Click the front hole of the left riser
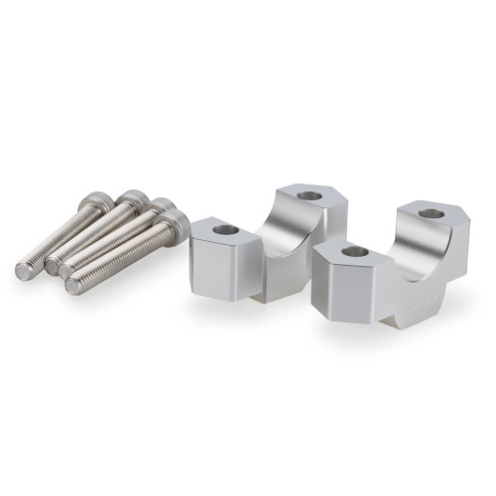coord(225,229)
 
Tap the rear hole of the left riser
coord(309,194)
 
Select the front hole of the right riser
coord(354,252)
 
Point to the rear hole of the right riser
coord(431,213)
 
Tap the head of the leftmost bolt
coord(97,202)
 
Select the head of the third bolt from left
coord(162,210)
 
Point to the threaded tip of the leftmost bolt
coord(25,269)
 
